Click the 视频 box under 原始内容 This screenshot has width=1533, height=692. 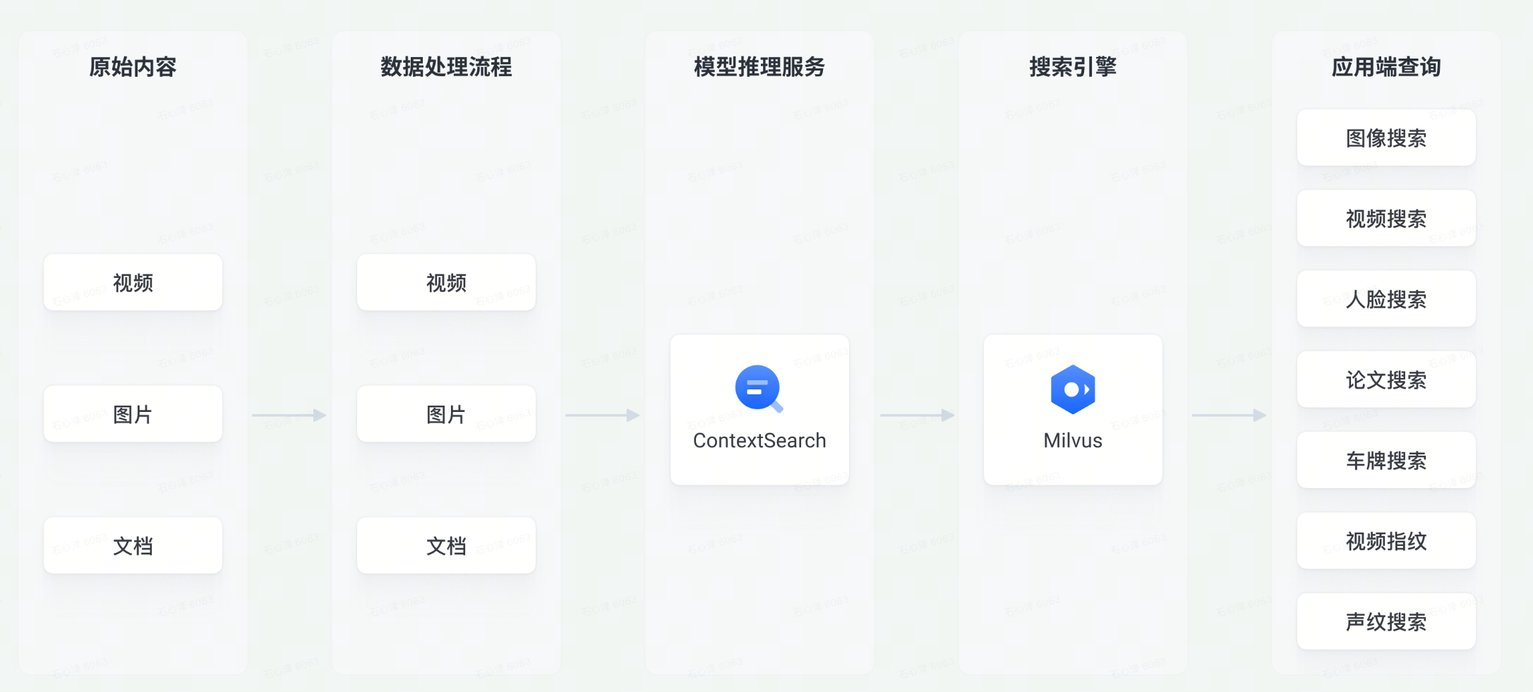click(133, 283)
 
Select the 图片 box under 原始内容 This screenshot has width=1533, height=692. click(133, 414)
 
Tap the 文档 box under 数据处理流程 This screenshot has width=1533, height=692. click(446, 545)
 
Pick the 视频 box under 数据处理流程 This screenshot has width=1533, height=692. click(446, 283)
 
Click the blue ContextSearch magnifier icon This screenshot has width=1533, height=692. click(759, 388)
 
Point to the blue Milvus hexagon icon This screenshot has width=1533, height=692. click(1072, 389)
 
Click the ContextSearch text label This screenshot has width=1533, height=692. click(759, 441)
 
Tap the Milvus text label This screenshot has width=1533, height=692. click(1073, 441)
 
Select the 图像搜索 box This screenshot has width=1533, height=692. click(1386, 138)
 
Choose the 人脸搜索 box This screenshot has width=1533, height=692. click(1386, 299)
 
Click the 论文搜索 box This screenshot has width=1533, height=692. click(1386, 380)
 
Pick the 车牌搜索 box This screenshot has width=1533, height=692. click(1386, 461)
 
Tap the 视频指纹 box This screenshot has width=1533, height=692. click(1386, 541)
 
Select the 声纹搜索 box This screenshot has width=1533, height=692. click(1386, 621)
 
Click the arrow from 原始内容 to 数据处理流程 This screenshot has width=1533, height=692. click(289, 415)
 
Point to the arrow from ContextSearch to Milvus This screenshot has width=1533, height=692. click(917, 415)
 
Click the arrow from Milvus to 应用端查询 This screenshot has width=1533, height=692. click(1229, 415)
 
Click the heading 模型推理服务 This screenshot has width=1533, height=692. click(759, 67)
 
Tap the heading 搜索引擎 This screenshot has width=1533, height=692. click(1073, 67)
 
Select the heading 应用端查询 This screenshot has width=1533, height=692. click(1386, 67)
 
